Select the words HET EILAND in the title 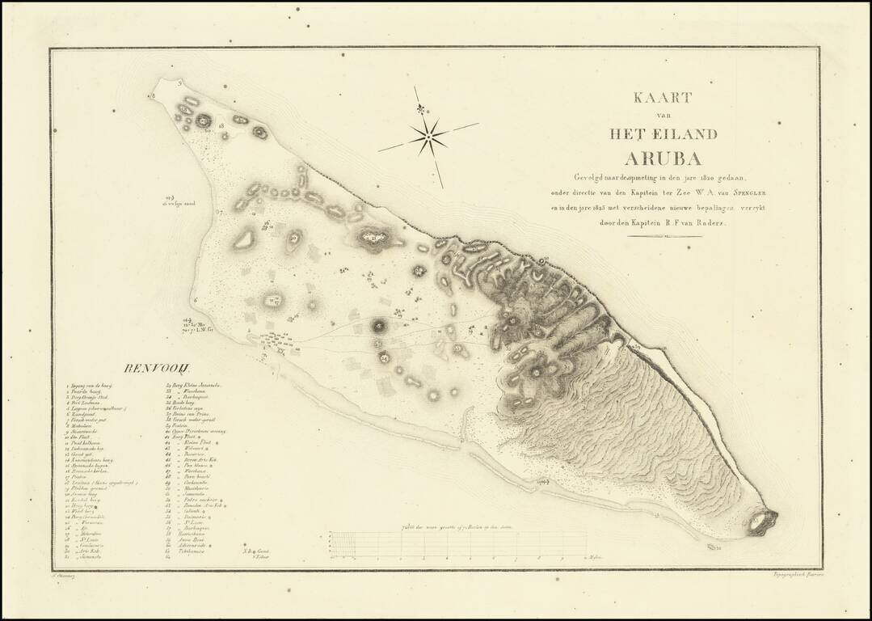tap(663, 133)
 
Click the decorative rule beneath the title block tap(664, 238)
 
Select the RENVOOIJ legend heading tap(150, 369)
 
